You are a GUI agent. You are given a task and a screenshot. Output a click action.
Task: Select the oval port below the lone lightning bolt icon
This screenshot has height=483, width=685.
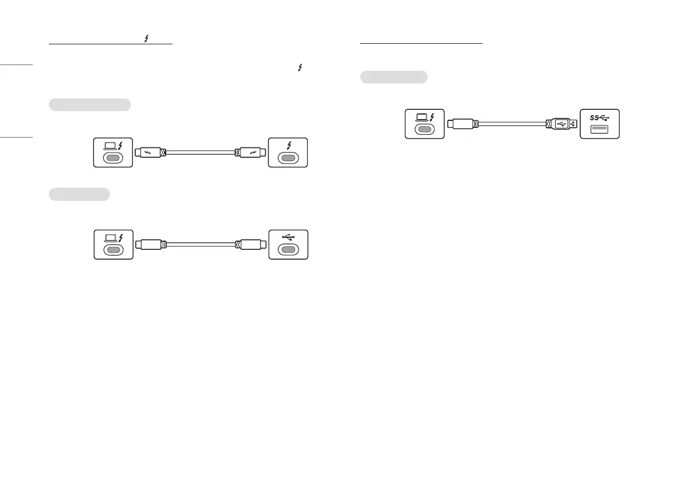[x=288, y=158]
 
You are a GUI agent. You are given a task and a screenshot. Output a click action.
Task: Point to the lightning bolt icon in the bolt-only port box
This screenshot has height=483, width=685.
[x=288, y=144]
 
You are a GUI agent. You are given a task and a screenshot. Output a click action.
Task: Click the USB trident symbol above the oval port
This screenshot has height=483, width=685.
[x=289, y=237]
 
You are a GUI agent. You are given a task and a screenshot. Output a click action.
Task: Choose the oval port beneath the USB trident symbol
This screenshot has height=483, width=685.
[x=288, y=250]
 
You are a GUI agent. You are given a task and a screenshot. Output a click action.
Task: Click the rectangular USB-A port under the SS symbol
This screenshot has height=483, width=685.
[x=600, y=128]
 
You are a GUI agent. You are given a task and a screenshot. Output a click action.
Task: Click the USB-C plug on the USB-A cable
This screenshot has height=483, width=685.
[x=462, y=123]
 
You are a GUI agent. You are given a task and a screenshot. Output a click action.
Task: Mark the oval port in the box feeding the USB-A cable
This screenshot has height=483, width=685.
[x=425, y=129]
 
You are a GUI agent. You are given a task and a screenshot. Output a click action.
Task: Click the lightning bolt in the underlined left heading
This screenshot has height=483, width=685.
[x=147, y=39]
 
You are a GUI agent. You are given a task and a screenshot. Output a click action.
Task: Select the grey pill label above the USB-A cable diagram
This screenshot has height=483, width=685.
[x=394, y=77]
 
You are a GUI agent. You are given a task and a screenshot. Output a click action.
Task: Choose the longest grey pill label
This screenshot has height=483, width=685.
[x=90, y=104]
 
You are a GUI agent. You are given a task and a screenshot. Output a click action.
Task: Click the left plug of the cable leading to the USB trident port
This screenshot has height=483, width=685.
[x=151, y=245]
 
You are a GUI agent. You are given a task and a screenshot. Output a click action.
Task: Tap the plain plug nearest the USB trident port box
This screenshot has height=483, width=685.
[x=252, y=245]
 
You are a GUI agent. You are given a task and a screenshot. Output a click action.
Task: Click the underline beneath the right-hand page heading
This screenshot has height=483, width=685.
[x=421, y=43]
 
